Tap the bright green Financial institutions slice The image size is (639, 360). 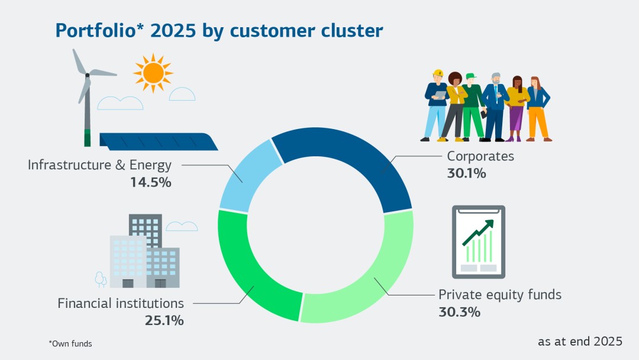coord(248,278)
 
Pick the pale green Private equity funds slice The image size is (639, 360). coord(379,278)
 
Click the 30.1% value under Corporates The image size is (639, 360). coord(466,174)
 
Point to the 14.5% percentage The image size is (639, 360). coord(151,182)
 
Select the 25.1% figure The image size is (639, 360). coord(164,321)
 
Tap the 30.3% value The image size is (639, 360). coord(459,312)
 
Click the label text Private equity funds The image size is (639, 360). coord(499,294)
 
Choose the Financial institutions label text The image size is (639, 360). coord(121,303)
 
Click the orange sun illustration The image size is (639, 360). coord(153,73)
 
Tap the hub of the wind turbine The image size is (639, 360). coord(87,75)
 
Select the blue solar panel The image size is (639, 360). coord(159,142)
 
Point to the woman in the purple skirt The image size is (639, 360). coord(517,110)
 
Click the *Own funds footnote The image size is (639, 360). coord(70,343)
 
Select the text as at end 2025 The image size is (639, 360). coord(580,341)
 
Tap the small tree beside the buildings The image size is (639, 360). coord(100,278)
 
